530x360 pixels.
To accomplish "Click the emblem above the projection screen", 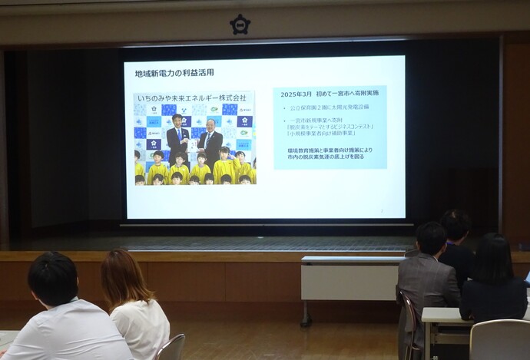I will click(240, 24).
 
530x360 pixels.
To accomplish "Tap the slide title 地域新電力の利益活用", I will click(168, 73).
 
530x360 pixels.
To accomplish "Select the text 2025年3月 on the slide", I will click(296, 94).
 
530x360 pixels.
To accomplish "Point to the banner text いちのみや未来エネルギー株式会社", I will click(192, 98).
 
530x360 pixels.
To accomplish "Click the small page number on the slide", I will click(382, 210).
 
